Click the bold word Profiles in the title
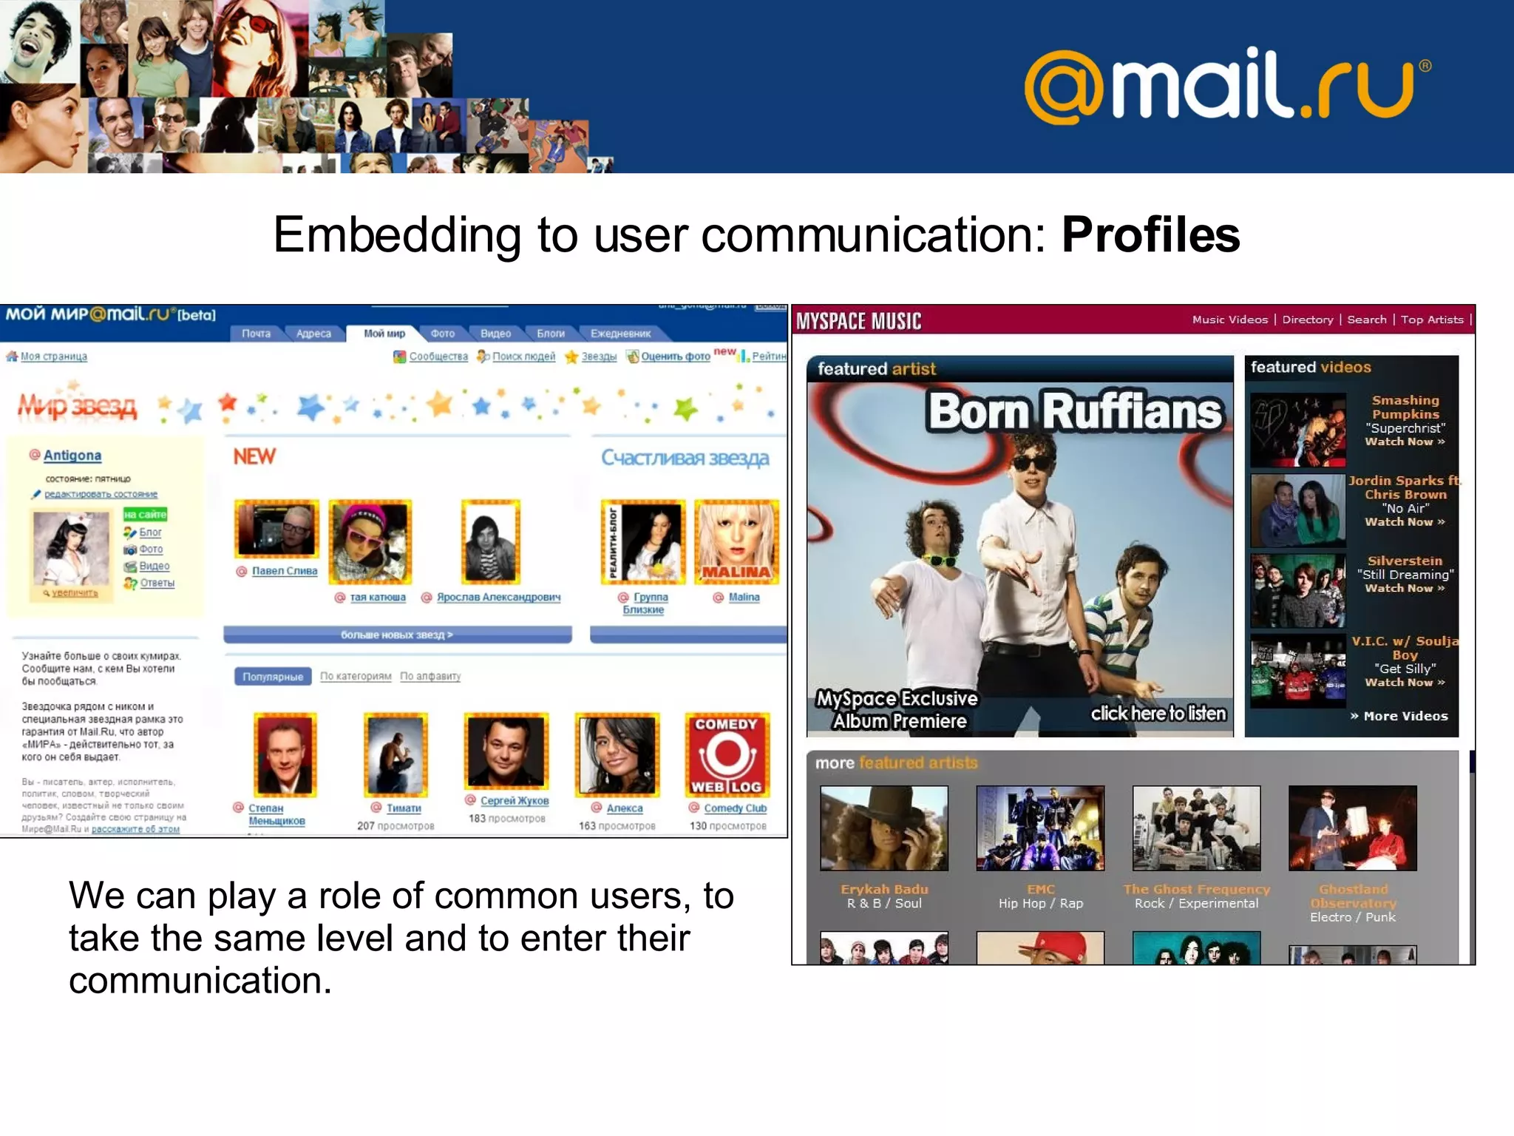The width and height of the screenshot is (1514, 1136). click(x=1150, y=235)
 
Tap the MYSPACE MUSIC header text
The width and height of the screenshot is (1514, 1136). click(x=858, y=321)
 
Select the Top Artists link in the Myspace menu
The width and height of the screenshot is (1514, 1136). click(x=1431, y=319)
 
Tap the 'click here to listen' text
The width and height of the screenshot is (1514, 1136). click(x=1158, y=713)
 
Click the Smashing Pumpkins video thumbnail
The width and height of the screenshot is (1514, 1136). click(x=1297, y=430)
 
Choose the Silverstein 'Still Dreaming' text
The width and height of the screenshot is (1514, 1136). click(x=1405, y=575)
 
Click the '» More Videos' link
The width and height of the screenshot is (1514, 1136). click(x=1399, y=716)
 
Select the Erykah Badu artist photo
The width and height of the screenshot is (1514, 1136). click(x=883, y=828)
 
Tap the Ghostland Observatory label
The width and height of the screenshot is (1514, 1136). click(x=1353, y=896)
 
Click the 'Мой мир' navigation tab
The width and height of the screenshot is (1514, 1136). click(x=384, y=334)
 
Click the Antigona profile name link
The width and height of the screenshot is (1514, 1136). click(x=72, y=456)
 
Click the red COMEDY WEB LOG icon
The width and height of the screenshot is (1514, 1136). click(x=727, y=754)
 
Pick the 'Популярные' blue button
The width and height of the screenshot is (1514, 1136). click(x=273, y=676)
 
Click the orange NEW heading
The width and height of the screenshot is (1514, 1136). click(x=254, y=457)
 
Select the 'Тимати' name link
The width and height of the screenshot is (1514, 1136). click(x=404, y=808)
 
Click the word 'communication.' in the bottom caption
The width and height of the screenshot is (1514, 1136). click(x=200, y=981)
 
